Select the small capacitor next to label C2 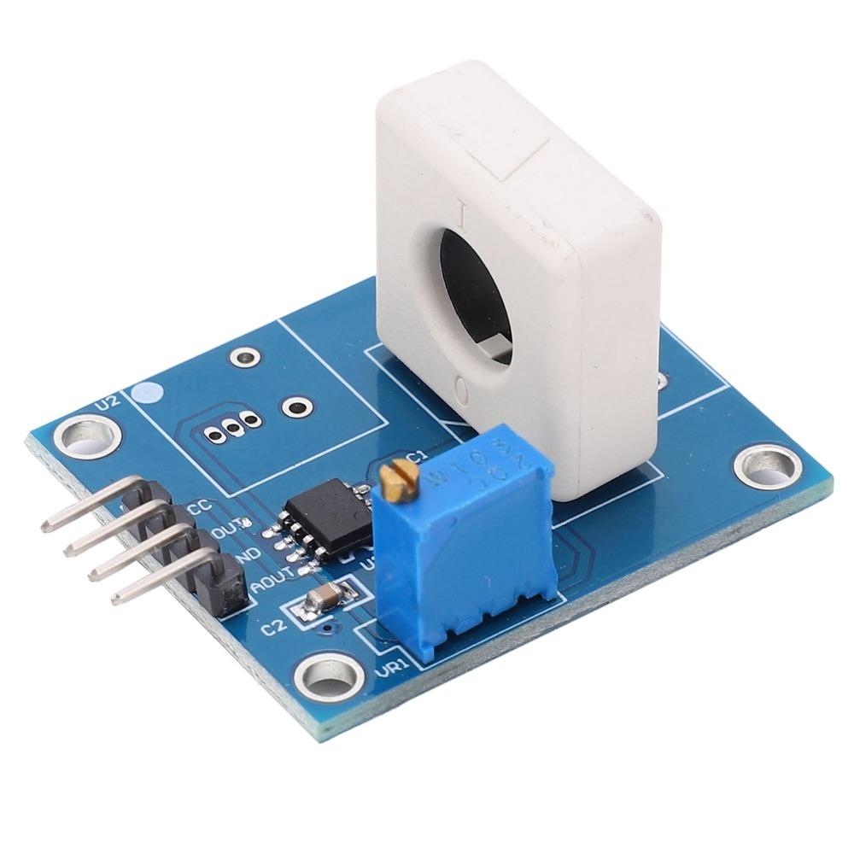[324, 600]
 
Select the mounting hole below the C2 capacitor [326, 676]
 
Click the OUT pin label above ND [229, 531]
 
